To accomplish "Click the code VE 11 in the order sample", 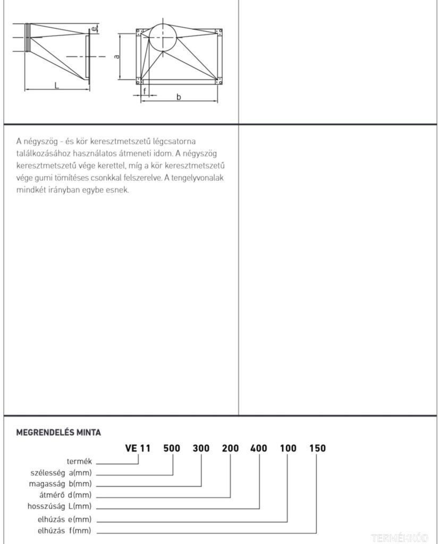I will [x=138, y=448].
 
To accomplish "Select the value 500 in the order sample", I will [x=172, y=448].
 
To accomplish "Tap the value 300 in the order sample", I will [x=201, y=448].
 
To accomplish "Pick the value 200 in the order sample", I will [x=231, y=448].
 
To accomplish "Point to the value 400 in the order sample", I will [x=259, y=448].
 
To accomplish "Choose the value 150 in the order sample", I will [x=317, y=448].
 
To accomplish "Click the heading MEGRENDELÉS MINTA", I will [x=59, y=432].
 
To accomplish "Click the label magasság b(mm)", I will [x=61, y=483].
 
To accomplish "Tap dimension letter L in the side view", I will [x=56, y=84].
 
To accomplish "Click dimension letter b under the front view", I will [x=179, y=97].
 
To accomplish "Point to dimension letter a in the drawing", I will [x=116, y=56].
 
